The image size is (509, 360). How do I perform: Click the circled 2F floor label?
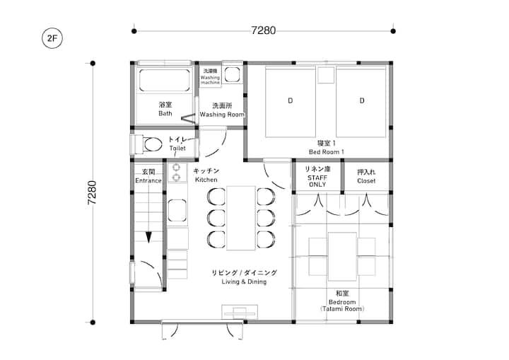(x=52, y=38)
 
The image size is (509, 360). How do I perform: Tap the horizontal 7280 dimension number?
(x=263, y=30)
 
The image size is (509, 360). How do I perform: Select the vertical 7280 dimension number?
(x=92, y=192)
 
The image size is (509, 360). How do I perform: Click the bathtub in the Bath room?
(x=164, y=81)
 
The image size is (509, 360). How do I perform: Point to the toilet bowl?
(x=153, y=144)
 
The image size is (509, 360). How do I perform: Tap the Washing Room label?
(x=222, y=115)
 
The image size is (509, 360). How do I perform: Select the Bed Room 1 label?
(x=326, y=152)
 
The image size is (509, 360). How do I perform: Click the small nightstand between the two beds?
(x=326, y=75)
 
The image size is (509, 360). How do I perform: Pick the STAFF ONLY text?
(x=317, y=181)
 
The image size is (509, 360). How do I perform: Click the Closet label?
(x=366, y=181)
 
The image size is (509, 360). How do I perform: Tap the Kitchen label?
(x=206, y=180)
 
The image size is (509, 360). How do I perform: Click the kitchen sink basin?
(x=177, y=210)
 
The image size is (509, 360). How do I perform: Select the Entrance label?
(x=148, y=180)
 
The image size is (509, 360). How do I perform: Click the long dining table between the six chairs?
(x=241, y=218)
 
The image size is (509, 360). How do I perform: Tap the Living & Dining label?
(x=244, y=281)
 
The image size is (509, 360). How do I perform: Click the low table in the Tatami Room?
(x=342, y=256)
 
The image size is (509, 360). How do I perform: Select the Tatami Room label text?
(x=342, y=308)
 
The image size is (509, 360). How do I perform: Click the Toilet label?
(x=177, y=148)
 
